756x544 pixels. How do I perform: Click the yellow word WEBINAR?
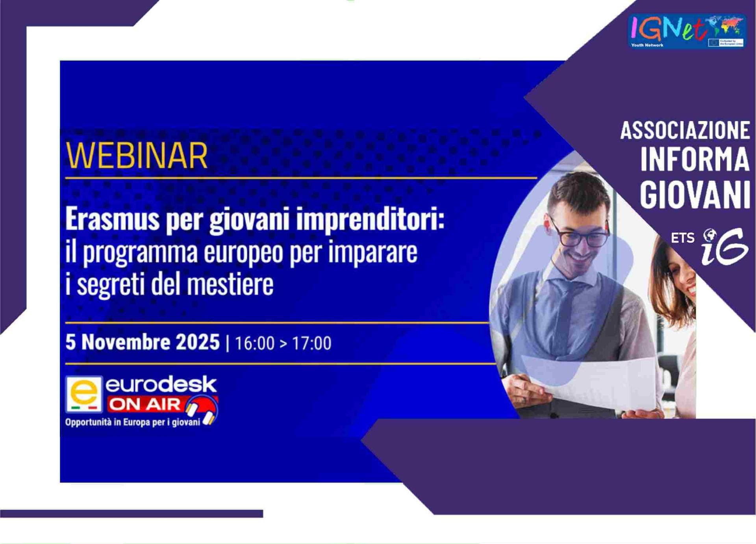(137, 156)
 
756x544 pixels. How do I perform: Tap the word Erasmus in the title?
(112, 219)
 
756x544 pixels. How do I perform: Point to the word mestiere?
(230, 284)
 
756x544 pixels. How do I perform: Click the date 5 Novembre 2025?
(143, 342)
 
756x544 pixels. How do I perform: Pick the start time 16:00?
(254, 343)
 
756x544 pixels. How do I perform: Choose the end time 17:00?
(311, 343)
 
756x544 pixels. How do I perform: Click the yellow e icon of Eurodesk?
(84, 394)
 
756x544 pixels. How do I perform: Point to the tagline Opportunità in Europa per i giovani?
(133, 422)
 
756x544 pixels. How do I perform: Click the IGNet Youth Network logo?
(687, 31)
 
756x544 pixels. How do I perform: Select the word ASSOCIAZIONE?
(685, 130)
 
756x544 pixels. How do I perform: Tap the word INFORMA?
(695, 160)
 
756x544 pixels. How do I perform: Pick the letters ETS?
(682, 238)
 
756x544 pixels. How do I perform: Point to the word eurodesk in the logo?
(161, 384)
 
